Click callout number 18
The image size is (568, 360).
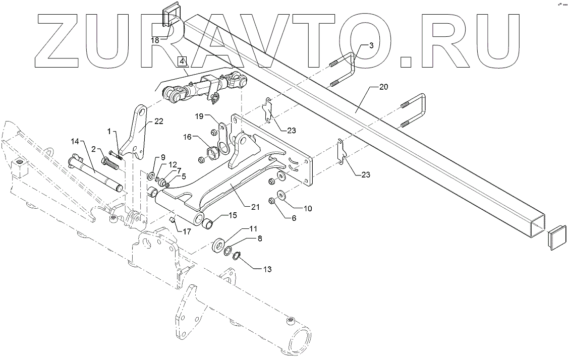click(155, 39)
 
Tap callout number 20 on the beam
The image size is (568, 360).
click(383, 87)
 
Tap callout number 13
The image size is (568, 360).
click(267, 270)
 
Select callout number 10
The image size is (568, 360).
click(308, 207)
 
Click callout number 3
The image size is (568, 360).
click(371, 45)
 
